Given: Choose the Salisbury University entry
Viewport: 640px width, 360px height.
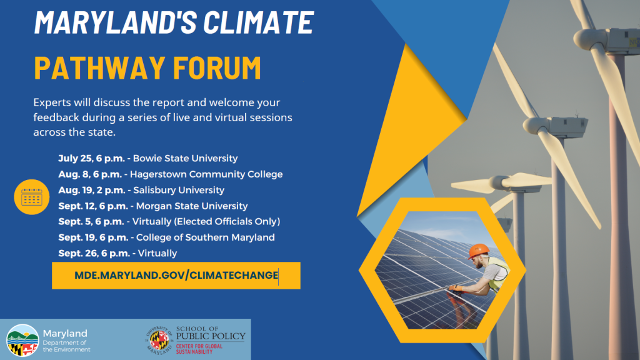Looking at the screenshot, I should pos(177,190).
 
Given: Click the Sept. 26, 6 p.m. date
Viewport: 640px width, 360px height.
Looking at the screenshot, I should pos(94,253).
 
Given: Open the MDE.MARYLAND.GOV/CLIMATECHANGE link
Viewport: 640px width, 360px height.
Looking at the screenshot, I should pos(176,276).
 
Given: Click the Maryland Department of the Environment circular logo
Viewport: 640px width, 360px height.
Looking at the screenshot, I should pos(22,340).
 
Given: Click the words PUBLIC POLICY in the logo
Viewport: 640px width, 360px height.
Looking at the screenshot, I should pos(211,336).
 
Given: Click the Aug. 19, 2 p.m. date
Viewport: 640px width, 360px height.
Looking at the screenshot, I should pos(91,190).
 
